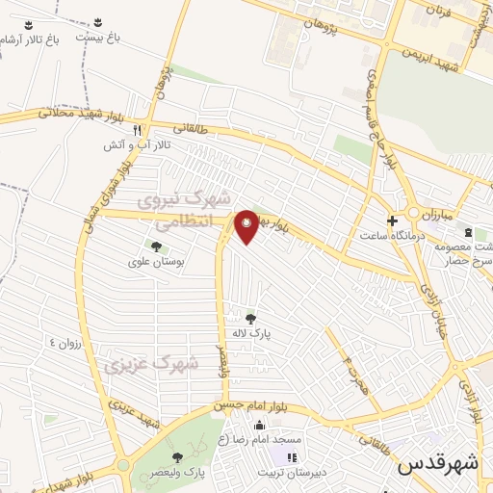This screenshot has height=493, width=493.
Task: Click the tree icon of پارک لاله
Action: [250, 319]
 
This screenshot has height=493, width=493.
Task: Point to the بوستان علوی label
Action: [155, 261]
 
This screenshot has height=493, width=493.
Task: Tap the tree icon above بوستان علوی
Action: [156, 246]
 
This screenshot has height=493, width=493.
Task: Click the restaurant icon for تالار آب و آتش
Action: [138, 130]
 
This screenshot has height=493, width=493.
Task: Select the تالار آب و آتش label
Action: [138, 144]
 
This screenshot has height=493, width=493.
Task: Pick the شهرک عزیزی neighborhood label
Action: [151, 365]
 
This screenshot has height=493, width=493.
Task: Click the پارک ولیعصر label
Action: [177, 472]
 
